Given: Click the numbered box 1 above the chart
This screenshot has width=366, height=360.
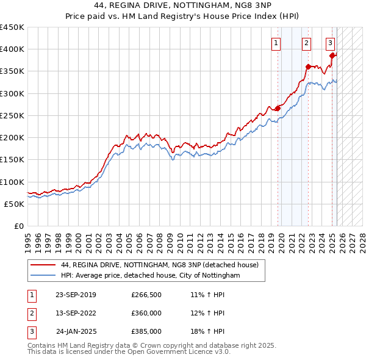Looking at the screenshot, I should [x=276, y=43].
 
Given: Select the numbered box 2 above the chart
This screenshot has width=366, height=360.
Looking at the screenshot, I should [x=306, y=43].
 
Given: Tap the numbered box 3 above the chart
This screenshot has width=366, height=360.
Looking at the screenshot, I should [x=330, y=43].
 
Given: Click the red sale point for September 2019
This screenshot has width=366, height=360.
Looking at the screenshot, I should [x=278, y=109].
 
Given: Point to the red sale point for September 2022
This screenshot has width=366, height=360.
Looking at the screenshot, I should [x=308, y=67].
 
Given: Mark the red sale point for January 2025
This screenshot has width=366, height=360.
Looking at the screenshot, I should [x=332, y=56].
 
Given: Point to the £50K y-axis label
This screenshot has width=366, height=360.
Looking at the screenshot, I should [x=15, y=204].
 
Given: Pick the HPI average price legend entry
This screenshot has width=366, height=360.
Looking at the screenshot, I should [x=151, y=276].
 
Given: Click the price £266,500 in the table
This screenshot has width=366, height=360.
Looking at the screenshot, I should [x=146, y=295].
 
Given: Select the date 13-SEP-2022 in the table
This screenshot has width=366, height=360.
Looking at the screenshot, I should [x=76, y=313].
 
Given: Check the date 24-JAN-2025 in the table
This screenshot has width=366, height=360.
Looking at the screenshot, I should [x=76, y=331].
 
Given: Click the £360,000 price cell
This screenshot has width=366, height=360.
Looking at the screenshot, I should [x=146, y=313].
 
